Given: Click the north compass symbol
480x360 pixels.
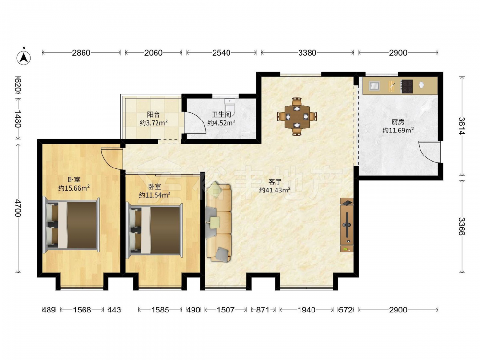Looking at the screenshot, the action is [x=24, y=57].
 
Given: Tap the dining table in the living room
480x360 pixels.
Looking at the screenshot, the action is [x=297, y=117].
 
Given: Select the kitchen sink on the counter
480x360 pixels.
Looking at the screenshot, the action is [x=374, y=86].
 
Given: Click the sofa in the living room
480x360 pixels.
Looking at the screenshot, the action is [x=219, y=222].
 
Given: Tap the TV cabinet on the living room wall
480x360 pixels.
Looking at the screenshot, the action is [x=347, y=225].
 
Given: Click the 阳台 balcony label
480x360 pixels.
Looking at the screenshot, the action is [x=154, y=115].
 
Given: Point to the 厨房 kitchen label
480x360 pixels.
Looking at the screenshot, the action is [x=397, y=122].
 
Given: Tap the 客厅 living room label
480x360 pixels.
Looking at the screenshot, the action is [x=275, y=182].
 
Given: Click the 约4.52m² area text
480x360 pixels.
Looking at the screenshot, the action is [x=221, y=123].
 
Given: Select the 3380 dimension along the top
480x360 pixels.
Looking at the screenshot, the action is [x=307, y=53].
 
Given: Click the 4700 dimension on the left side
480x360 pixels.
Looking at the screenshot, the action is [x=18, y=208].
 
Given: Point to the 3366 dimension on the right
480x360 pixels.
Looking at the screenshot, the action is [x=462, y=226].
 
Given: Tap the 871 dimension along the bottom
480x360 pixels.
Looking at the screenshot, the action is [x=263, y=310].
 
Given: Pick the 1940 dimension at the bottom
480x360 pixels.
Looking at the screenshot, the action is [x=306, y=310].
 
